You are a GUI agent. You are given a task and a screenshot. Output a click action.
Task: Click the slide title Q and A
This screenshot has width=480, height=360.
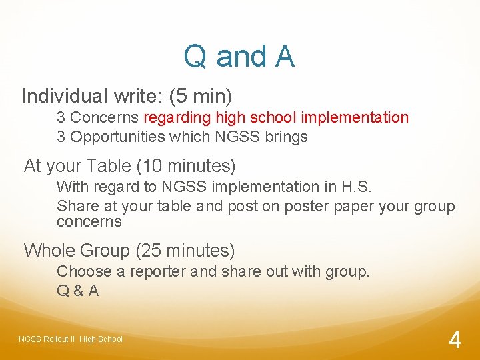coord(239,57)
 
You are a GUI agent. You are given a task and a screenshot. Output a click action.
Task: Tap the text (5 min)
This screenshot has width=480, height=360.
coord(201,97)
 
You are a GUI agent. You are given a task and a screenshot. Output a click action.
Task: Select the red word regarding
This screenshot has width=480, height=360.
coord(176,118)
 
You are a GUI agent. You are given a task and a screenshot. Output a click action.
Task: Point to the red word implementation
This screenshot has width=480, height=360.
coord(355,118)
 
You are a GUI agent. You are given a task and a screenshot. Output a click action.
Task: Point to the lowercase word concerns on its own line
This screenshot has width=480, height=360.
coord(89,221)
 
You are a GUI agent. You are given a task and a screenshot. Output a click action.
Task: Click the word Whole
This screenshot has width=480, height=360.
coord(49,251)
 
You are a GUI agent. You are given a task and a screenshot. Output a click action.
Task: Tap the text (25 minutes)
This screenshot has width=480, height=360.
coord(185,251)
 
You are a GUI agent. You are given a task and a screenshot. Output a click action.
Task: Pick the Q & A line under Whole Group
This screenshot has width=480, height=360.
coord(78,291)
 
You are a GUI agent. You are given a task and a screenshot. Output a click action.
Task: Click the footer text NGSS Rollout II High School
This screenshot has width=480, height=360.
coord(71,339)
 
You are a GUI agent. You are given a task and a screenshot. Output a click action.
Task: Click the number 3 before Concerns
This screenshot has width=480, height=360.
coord(61,118)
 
